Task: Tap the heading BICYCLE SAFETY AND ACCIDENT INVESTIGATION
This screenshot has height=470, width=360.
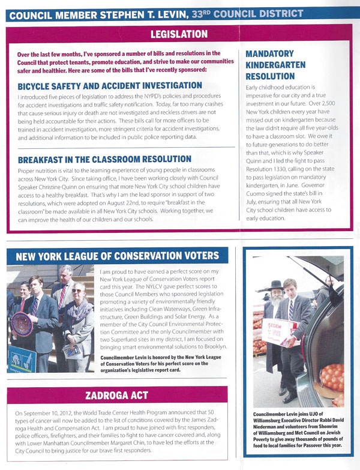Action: pyautogui.click(x=110, y=85)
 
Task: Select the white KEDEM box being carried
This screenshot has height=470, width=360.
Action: pyautogui.click(x=281, y=331)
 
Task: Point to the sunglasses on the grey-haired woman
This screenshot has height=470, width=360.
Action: pyautogui.click(x=76, y=291)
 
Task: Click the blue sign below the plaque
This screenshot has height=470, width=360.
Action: pyautogui.click(x=21, y=358)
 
